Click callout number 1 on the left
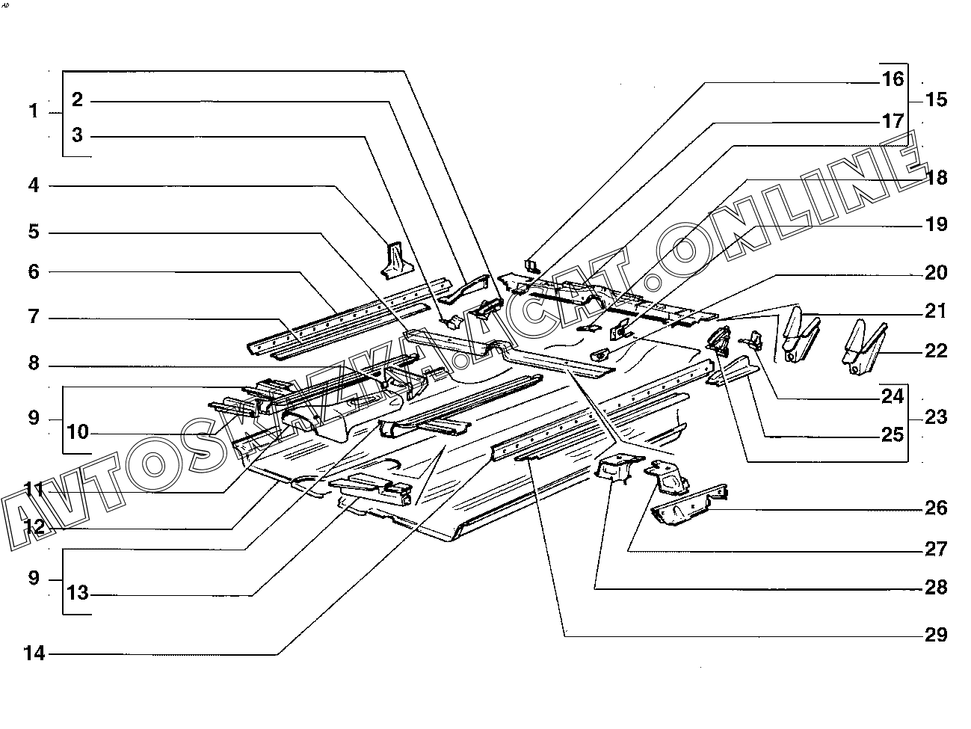[33, 111]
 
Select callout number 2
[77, 99]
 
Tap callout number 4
[33, 185]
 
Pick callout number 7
[33, 318]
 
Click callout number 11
[33, 490]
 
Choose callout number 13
[77, 593]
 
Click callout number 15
[936, 99]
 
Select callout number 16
[893, 79]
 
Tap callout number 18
[936, 177]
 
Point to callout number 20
[936, 273]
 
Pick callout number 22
[936, 351]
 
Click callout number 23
[936, 416]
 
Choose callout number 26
[936, 508]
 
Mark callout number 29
[936, 636]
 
